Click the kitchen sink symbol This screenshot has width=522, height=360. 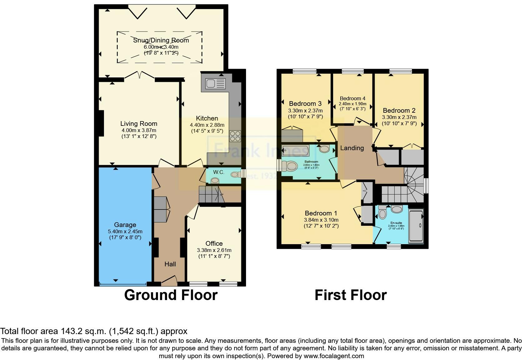(215, 84)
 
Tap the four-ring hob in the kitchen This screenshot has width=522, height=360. (235, 136)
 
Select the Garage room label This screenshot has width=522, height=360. (125, 225)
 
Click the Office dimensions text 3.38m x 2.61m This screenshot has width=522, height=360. (214, 250)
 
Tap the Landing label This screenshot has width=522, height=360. (352, 148)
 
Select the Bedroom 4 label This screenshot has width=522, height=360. (352, 98)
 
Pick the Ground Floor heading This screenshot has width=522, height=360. (171, 295)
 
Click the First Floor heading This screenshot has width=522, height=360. (351, 295)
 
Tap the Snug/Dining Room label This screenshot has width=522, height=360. (161, 40)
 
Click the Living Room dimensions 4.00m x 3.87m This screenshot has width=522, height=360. (139, 130)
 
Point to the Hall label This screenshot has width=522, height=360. (170, 264)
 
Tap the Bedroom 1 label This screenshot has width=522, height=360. (321, 213)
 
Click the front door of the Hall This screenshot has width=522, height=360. (169, 281)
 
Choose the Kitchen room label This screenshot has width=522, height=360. (207, 118)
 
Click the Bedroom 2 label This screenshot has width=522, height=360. (399, 111)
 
